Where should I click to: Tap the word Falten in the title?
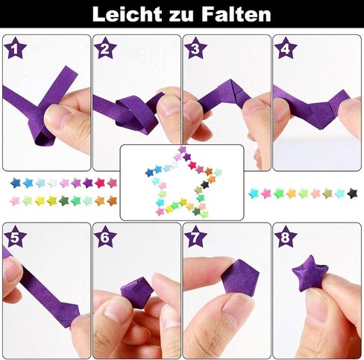tap(236, 14)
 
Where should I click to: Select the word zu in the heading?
tap(181, 16)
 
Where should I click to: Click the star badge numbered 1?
tap(16, 48)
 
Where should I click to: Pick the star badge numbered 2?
tap(105, 48)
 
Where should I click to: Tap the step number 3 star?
tap(195, 48)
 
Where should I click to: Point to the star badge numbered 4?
tap(286, 48)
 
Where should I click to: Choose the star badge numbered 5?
tap(16, 237)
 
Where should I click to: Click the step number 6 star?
tap(105, 237)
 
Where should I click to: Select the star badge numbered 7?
tap(195, 237)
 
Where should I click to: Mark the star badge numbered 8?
tap(286, 237)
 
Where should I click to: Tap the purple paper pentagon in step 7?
tap(240, 276)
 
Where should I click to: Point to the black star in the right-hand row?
tap(352, 193)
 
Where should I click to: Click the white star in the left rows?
tap(52, 183)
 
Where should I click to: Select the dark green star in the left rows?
tap(63, 201)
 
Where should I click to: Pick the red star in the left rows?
tap(100, 183)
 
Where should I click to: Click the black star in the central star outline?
tap(204, 184)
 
